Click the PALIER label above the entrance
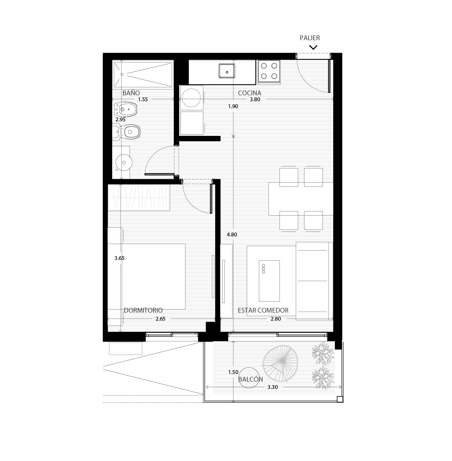pos(310,38)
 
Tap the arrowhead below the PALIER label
pos(313,47)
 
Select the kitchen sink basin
pos(227,71)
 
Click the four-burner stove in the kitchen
pos(269,71)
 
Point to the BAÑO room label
pos(131,93)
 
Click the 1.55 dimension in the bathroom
pos(143,99)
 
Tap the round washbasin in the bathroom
pos(124,163)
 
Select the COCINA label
pos(249,93)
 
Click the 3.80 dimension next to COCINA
pos(255,99)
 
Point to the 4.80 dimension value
pos(232,235)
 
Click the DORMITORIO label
pos(143,310)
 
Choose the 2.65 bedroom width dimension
pos(160,319)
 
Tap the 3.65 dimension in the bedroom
pos(119,258)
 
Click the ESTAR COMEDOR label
pos(263,310)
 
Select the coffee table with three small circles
pos(269,281)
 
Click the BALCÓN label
pos(250,379)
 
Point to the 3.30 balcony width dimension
pos(272,387)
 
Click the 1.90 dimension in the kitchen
pos(233,106)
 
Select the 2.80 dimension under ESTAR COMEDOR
pos(275,319)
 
